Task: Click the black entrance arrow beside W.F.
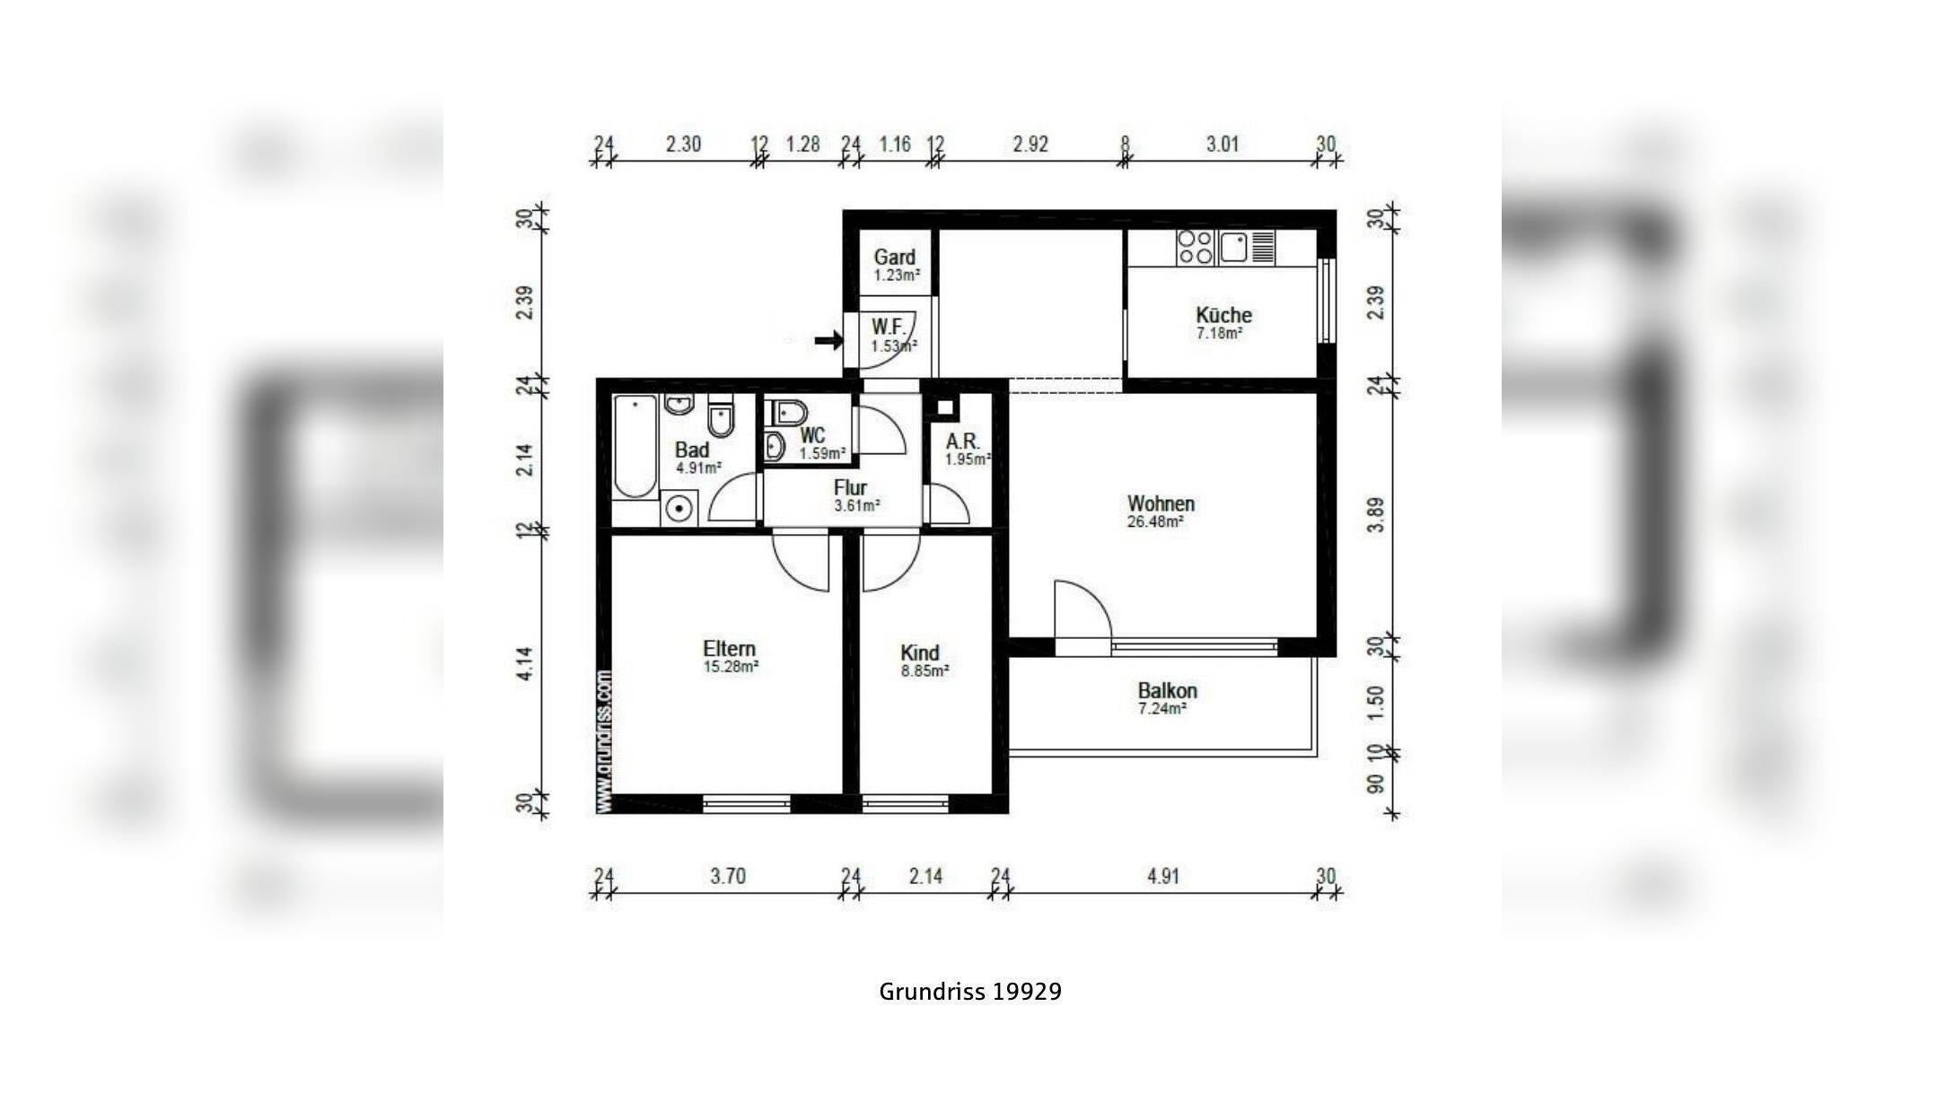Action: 828,340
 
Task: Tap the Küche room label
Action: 1223,315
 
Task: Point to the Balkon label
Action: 1167,690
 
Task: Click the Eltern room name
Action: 729,648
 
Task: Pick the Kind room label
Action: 919,652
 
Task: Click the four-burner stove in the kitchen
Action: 1196,248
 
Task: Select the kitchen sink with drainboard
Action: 1247,247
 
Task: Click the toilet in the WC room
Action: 787,412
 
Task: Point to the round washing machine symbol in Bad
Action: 680,509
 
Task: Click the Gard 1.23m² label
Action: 896,266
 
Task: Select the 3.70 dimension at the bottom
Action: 728,876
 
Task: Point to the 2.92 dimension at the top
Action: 1030,144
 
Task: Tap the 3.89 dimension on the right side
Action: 1375,515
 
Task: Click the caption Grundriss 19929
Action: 970,992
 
